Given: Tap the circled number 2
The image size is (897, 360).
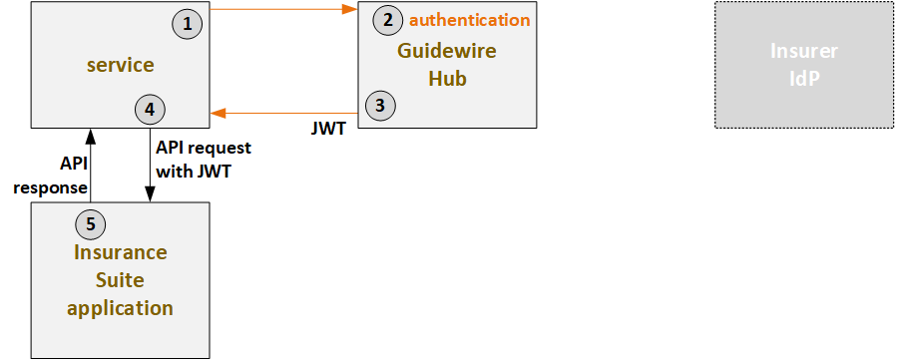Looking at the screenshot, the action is click(387, 20).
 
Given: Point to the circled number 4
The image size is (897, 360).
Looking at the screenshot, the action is click(150, 109).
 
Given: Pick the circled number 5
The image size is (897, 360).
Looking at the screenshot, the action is click(91, 218).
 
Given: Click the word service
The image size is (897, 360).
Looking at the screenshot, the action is click(120, 65).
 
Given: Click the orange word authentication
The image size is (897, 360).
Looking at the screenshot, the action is click(470, 20).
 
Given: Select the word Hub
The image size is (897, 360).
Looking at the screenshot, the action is click(446, 78).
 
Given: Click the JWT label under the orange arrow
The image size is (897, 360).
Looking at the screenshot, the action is click(329, 128).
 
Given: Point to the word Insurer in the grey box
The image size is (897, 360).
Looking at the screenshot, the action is click(804, 52).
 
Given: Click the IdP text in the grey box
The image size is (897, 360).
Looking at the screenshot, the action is click(804, 78).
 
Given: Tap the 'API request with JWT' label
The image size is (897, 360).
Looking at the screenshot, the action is click(204, 158).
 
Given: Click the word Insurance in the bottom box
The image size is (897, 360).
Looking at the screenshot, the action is click(120, 251).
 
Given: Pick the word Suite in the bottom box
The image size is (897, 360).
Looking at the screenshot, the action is click(120, 279).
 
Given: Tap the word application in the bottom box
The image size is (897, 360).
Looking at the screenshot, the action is click(120, 307).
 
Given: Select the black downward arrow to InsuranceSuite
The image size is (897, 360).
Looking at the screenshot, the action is click(150, 165).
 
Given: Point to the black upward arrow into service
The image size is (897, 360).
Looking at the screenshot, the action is click(90, 165).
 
